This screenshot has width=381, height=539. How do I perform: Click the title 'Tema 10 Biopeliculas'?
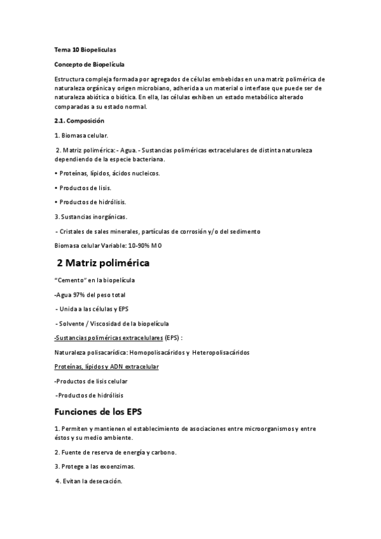pos(85,49)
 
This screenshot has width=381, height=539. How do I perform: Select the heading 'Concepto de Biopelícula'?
pos(89,64)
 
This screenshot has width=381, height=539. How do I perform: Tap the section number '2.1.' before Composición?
pos(62,121)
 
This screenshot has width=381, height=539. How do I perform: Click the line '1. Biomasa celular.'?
pos(81,135)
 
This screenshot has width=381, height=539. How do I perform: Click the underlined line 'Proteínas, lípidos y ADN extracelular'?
pos(107,367)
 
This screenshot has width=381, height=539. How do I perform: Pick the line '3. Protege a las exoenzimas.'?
pos(94,466)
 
